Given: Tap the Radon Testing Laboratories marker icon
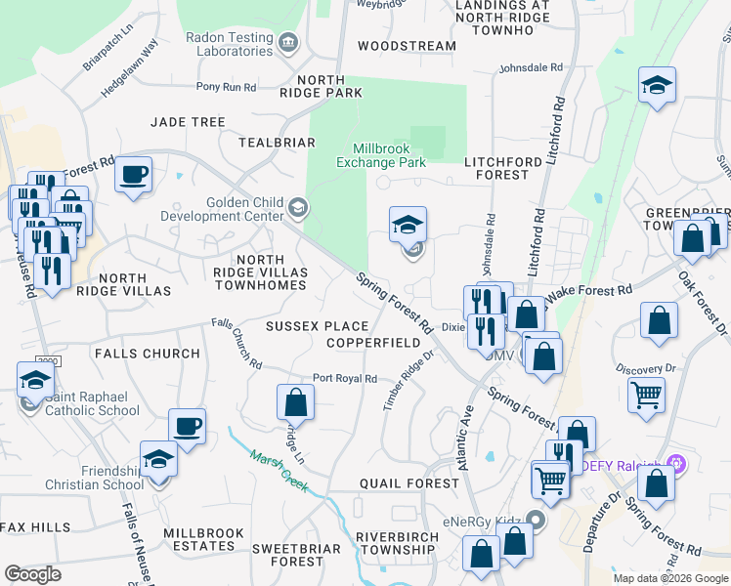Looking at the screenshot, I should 287,42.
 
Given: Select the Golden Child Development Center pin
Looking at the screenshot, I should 298,207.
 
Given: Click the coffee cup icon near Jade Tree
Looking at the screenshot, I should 134,176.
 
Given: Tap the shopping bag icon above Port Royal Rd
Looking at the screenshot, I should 295,402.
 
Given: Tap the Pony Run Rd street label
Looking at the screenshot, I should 226,87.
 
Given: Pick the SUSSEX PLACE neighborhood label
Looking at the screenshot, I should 318,326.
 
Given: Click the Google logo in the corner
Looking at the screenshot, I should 32,574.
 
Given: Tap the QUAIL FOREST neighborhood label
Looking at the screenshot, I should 408,483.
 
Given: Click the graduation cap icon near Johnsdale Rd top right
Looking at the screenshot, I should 657,86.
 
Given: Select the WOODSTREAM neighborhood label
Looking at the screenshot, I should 407,46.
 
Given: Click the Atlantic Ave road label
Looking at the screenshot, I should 465,439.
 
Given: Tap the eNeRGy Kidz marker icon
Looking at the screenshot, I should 535,519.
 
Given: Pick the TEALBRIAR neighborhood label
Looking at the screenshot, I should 276,142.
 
